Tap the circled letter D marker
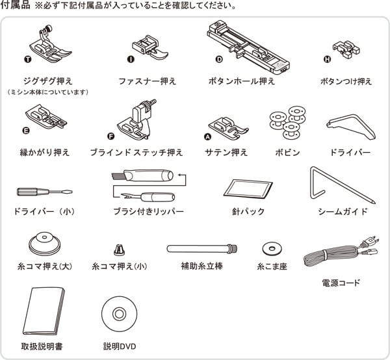pos(219,59)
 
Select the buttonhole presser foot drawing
pos(248,47)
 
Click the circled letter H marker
pos(328,59)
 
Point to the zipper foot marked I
pos(150,47)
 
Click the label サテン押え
pos(226,152)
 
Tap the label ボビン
pos(287,152)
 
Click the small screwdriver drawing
pos(45,192)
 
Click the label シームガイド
pos(343,212)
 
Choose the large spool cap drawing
pos(44,244)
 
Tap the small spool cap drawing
pos(119,250)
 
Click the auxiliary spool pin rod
pos(201,249)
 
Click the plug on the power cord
pos(370,241)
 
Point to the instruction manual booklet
pos(44,311)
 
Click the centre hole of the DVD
pos(119,314)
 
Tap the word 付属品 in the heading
pos(16,5)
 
